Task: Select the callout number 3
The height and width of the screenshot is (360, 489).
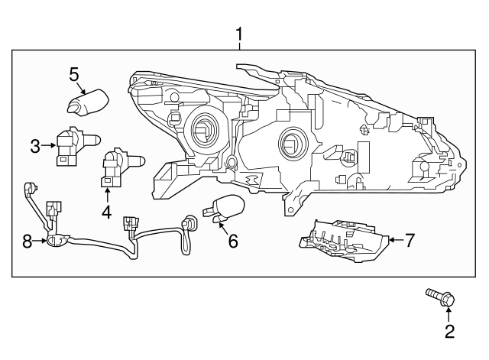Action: [x=35, y=145]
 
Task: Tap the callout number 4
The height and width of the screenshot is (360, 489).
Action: [x=106, y=211]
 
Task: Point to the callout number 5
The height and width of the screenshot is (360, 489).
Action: [x=74, y=74]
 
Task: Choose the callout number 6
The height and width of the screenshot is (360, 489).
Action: [x=233, y=241]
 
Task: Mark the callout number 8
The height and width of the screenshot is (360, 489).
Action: [x=28, y=242]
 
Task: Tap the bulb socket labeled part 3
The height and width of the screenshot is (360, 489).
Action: [x=71, y=144]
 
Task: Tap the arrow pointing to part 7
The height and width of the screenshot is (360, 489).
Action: [x=394, y=240]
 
